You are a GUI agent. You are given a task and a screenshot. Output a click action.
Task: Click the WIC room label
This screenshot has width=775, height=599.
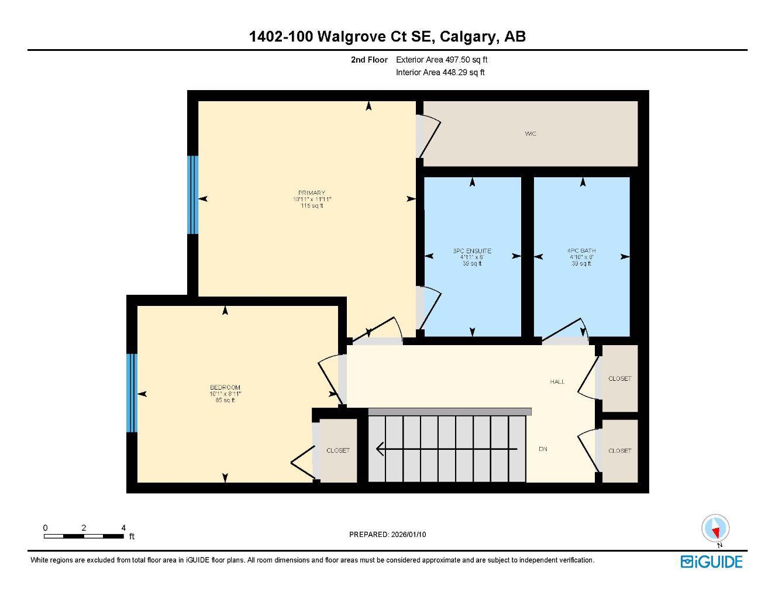point(530,134)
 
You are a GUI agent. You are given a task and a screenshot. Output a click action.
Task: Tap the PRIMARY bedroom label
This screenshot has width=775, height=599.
point(311,193)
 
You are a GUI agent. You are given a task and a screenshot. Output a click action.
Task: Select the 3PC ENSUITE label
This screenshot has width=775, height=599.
point(472,251)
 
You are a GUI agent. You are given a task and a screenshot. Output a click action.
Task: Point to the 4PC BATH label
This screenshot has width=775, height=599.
point(582,251)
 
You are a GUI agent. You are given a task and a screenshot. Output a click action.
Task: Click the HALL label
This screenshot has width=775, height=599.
point(557,381)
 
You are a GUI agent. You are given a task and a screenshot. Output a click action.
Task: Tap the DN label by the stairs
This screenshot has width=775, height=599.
point(543,449)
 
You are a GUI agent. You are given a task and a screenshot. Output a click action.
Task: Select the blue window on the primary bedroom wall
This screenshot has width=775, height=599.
point(192,195)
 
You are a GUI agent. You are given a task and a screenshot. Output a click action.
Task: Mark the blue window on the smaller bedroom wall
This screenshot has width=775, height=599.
point(132,393)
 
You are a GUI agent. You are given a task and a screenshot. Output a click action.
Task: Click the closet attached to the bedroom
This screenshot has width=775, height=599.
point(338,450)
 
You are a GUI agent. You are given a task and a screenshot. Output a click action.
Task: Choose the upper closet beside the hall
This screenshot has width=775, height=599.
point(619,378)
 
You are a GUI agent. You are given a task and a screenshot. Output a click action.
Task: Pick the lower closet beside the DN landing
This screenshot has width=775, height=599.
point(619,450)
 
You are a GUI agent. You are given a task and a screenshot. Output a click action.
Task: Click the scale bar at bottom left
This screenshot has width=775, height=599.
point(84,535)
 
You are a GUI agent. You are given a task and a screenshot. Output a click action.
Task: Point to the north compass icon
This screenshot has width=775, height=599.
point(715,529)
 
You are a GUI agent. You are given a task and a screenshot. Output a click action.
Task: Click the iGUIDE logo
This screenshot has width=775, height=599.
point(711,562)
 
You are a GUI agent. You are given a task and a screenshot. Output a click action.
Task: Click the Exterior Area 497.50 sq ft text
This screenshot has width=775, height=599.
point(442,60)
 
